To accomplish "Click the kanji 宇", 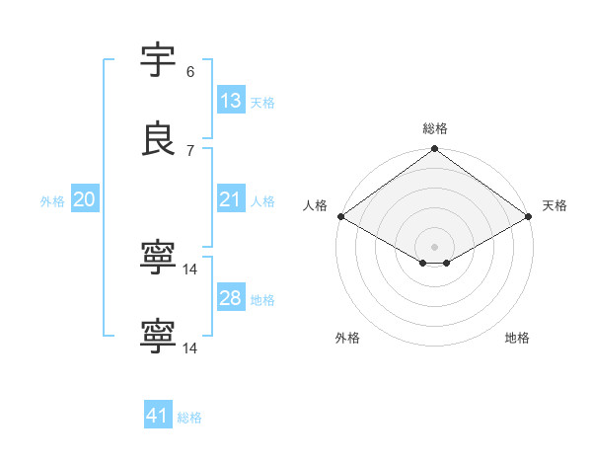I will click(x=159, y=61).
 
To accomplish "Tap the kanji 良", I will click(x=159, y=140).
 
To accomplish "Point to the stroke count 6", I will click(x=190, y=72).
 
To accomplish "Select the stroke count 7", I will click(x=190, y=150).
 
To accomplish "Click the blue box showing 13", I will click(x=231, y=101).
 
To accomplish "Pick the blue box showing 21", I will click(x=231, y=199).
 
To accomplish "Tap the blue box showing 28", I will click(x=231, y=298).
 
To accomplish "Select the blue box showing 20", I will click(x=85, y=199).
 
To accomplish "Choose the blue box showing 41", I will click(x=158, y=416).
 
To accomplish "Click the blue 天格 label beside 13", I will click(x=262, y=103).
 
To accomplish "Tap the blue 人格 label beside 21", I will click(x=262, y=201).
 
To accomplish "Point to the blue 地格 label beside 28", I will click(x=262, y=300).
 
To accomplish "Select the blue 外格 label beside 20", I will click(x=52, y=201).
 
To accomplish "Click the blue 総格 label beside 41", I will click(x=189, y=418).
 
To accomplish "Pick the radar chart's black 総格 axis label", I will click(x=435, y=128).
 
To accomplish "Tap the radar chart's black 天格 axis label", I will click(x=555, y=205).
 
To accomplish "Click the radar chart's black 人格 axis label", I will click(x=315, y=205).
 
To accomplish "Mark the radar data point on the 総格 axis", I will click(x=435, y=150).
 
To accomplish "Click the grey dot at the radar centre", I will click(x=435, y=246).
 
